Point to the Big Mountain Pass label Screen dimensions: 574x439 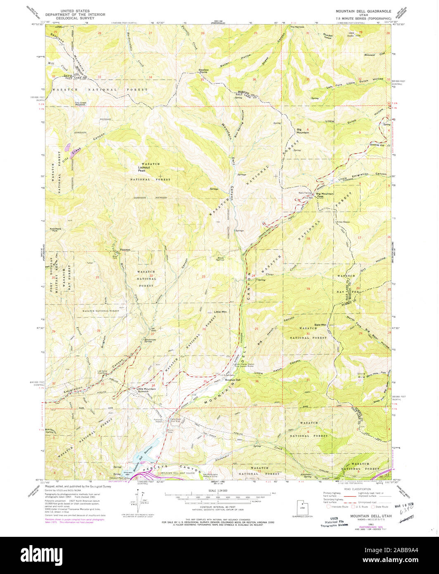(x=325, y=195)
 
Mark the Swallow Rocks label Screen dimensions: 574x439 (x=204, y=71)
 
